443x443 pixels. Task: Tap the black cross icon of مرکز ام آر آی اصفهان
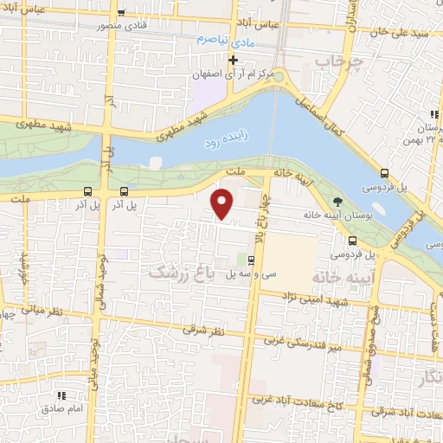point(233,60)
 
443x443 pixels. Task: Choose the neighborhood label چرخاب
point(335,62)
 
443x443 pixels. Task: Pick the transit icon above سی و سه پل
point(251,259)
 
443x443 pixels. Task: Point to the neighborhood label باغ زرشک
point(182,272)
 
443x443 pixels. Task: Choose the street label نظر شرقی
point(203,331)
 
